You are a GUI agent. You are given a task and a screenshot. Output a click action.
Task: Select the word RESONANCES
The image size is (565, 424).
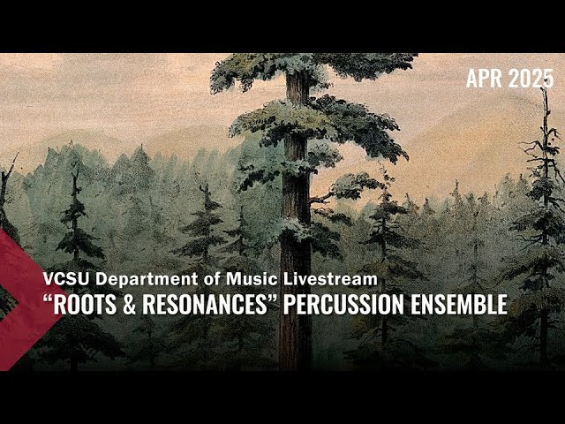tap(203, 304)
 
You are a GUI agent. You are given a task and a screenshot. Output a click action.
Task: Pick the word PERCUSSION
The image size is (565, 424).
tap(344, 304)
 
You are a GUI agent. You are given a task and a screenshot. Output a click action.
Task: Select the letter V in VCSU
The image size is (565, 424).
tap(49, 279)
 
